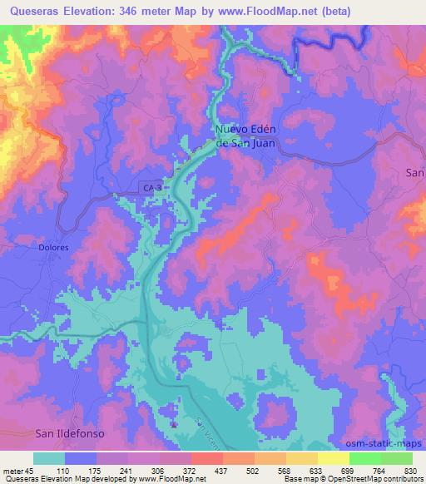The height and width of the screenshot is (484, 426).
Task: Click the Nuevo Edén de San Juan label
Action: coord(245,136)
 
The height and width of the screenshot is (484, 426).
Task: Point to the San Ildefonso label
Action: coord(72,433)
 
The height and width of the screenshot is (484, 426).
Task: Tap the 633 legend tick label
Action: coord(300,471)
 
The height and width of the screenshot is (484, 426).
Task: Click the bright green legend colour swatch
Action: coord(364,458)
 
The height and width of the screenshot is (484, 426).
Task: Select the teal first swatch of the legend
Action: coord(48,458)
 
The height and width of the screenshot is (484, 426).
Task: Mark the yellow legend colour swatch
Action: coord(333,458)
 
